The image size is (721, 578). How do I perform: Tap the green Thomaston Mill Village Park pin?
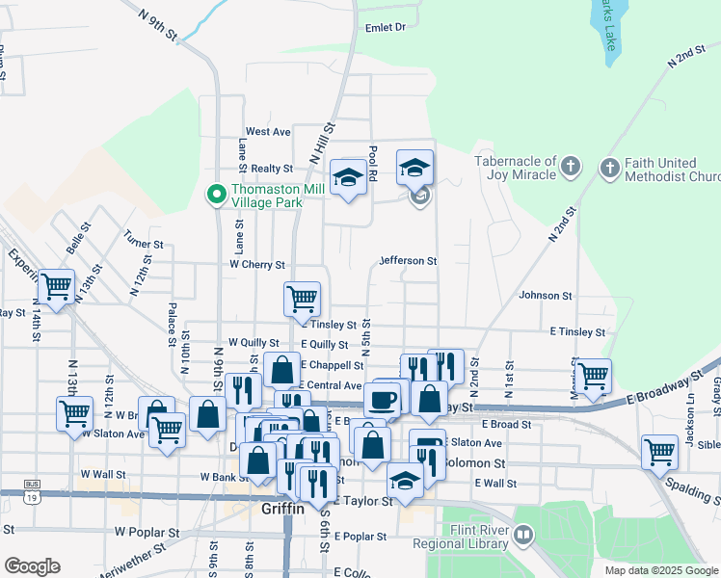(218, 196)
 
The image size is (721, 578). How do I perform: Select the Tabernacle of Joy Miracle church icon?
(571, 169)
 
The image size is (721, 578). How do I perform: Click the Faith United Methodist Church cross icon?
(608, 170)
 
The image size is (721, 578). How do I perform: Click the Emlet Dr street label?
(386, 27)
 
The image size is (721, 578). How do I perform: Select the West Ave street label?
(268, 131)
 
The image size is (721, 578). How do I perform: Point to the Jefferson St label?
(409, 260)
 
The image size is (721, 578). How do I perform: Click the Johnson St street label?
(546, 296)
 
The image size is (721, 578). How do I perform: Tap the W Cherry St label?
(257, 264)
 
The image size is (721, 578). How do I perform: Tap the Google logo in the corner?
(32, 566)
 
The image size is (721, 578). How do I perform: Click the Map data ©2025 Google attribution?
(661, 570)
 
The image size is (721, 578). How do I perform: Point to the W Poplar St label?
(147, 531)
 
